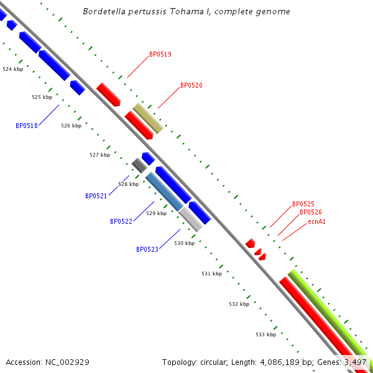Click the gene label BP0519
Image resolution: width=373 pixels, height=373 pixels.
pyautogui.click(x=160, y=55)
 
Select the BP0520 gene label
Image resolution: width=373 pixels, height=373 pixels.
pyautogui.click(x=191, y=86)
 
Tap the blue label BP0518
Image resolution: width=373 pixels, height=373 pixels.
pyautogui.click(x=27, y=126)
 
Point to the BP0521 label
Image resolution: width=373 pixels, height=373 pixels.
pyautogui.click(x=96, y=196)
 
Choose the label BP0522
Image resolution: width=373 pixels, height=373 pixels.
pyautogui.click(x=121, y=222)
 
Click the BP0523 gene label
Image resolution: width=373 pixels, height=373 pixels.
pyautogui.click(x=147, y=250)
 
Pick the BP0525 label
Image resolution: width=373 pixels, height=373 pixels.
pyautogui.click(x=303, y=204)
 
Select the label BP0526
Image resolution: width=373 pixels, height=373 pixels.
pyautogui.click(x=311, y=213)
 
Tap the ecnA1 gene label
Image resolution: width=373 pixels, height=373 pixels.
pyautogui.click(x=317, y=221)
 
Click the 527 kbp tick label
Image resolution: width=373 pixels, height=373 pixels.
pyautogui.click(x=99, y=155)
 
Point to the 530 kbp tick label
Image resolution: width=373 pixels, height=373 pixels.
pyautogui.click(x=184, y=243)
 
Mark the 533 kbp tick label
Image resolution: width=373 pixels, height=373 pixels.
pyautogui.click(x=265, y=334)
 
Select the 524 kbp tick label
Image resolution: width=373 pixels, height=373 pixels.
pyautogui.click(x=12, y=69)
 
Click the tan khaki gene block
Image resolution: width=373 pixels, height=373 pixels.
pyautogui.click(x=148, y=118)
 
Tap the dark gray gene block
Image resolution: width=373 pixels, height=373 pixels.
pyautogui.click(x=139, y=165)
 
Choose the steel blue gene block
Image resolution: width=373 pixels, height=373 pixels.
pyautogui.click(x=164, y=191)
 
